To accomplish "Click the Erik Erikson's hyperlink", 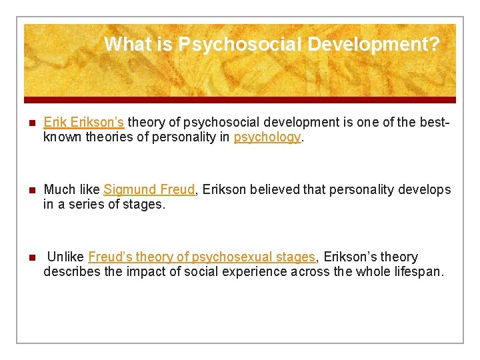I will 84,122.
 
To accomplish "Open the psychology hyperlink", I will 267,137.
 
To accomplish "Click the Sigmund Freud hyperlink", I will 149,189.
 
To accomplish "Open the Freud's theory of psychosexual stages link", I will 201,257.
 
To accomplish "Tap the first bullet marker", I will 29,123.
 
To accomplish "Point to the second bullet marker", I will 29,190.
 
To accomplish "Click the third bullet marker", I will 29,257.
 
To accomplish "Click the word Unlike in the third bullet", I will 65,257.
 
